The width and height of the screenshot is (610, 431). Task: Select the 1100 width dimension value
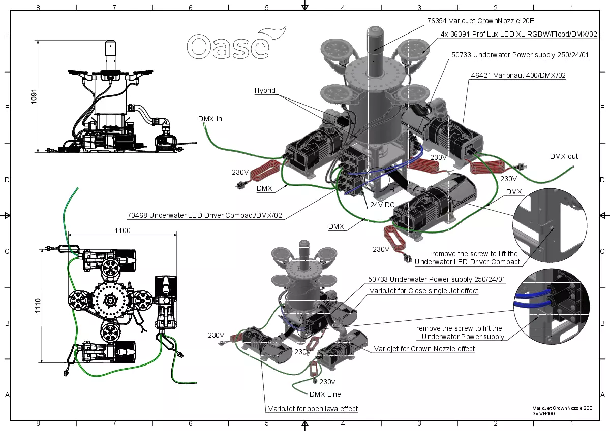pos(123,230)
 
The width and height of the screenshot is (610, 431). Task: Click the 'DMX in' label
pos(210,119)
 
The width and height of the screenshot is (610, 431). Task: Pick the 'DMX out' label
pos(564,156)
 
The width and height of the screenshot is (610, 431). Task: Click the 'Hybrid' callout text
pos(265,90)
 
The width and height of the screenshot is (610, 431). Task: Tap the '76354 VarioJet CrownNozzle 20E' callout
pos(480,21)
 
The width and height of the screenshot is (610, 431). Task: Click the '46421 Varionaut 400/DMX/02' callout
pos(518,75)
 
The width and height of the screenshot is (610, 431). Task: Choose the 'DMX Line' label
pos(325,394)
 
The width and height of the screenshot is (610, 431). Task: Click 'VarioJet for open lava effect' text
pos(313,409)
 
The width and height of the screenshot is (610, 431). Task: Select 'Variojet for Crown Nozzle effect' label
pos(424,349)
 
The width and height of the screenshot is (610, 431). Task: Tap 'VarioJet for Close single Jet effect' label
pos(424,291)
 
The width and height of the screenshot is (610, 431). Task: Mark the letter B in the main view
pos(391,189)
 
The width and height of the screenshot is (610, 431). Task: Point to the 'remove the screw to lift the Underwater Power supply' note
pos(459,333)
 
